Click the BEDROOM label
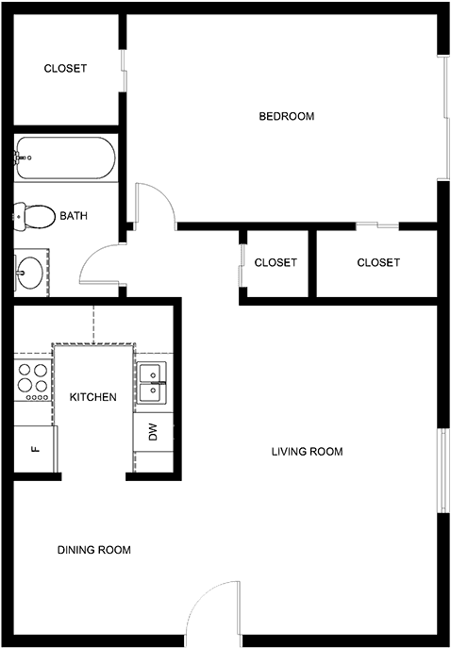(287, 116)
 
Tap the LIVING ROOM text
(308, 451)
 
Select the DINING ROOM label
(93, 550)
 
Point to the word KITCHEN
(93, 397)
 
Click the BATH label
(74, 216)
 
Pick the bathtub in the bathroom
(65, 158)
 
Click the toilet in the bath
(35, 217)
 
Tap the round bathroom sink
(29, 273)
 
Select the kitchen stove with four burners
(33, 380)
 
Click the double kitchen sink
(152, 383)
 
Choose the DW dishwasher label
(154, 433)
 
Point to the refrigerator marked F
(36, 448)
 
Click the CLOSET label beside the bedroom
(65, 68)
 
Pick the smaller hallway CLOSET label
(276, 262)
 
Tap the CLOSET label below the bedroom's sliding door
(378, 262)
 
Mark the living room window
(443, 471)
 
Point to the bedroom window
(444, 118)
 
